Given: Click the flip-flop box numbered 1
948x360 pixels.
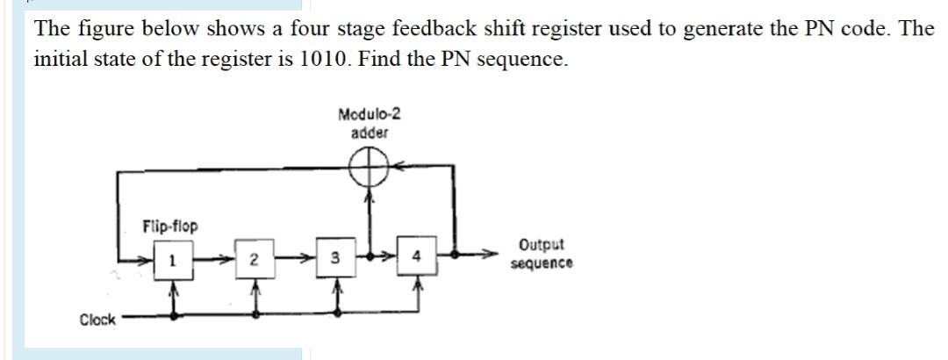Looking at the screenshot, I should pyautogui.click(x=173, y=260).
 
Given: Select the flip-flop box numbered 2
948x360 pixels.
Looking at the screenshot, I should pyautogui.click(x=254, y=260).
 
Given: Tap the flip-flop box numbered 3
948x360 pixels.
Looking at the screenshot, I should pyautogui.click(x=334, y=260).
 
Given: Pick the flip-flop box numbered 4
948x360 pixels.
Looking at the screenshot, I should pyautogui.click(x=417, y=258).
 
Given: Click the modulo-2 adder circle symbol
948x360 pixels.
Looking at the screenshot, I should pyautogui.click(x=370, y=165).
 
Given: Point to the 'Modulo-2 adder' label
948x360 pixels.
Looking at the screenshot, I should pyautogui.click(x=370, y=123).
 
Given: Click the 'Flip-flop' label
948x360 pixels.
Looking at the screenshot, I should pyautogui.click(x=170, y=227).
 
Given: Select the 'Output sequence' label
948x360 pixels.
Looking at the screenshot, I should pyautogui.click(x=541, y=254).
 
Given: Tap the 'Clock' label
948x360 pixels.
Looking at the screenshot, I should pyautogui.click(x=97, y=320).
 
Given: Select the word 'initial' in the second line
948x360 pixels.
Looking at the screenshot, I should pyautogui.click(x=61, y=60).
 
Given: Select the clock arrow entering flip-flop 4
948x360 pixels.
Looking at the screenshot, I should pyautogui.click(x=418, y=288).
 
